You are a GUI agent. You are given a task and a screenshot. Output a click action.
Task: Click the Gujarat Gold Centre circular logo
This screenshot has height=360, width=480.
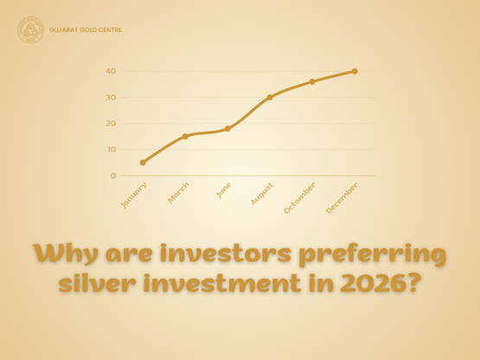pyautogui.click(x=32, y=30)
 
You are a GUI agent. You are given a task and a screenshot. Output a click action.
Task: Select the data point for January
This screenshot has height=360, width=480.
pyautogui.click(x=143, y=162)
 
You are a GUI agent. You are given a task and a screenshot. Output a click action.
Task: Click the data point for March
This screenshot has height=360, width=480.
pyautogui.click(x=185, y=136)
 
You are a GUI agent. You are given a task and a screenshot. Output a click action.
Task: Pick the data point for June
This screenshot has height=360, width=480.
pyautogui.click(x=227, y=128)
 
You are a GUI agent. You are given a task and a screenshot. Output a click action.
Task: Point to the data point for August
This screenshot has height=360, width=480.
pyautogui.click(x=270, y=97)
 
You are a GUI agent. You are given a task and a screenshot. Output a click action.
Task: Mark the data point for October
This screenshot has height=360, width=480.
pyautogui.click(x=312, y=81)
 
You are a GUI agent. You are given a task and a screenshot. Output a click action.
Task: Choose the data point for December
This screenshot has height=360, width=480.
pyautogui.click(x=355, y=71)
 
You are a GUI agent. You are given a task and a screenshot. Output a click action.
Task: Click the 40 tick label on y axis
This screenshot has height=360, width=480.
pyautogui.click(x=111, y=71)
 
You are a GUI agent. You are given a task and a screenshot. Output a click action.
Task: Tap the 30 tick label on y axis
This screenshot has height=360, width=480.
pyautogui.click(x=111, y=97)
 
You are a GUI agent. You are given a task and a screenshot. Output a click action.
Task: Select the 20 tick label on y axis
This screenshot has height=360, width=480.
pyautogui.click(x=111, y=123)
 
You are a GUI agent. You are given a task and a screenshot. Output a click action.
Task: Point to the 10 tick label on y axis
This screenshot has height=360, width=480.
pyautogui.click(x=111, y=149)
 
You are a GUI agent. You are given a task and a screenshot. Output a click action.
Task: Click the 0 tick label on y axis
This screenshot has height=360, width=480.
pyautogui.click(x=112, y=175)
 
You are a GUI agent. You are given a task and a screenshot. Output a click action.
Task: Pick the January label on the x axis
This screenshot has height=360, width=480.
pyautogui.click(x=134, y=195)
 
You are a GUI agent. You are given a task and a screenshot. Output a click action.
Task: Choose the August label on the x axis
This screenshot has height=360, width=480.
pyautogui.click(x=262, y=194)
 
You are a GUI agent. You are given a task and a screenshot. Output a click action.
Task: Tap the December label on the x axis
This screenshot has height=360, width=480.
pyautogui.click(x=343, y=197)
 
